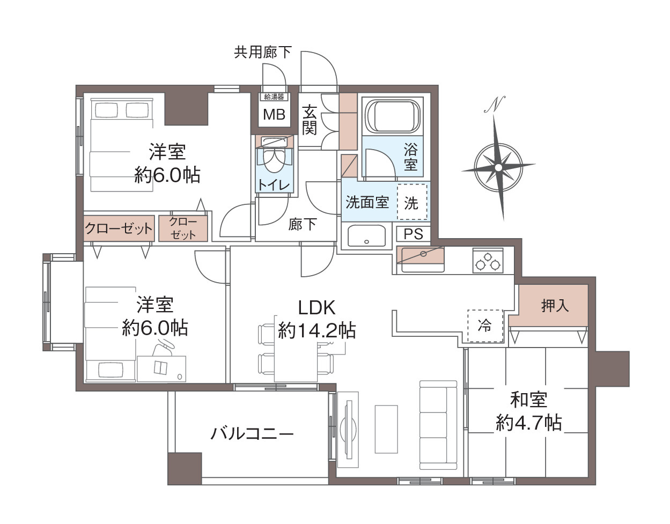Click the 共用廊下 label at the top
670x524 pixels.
pyautogui.click(x=263, y=52)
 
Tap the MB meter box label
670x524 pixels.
pyautogui.click(x=274, y=114)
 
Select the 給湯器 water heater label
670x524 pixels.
pyautogui.click(x=274, y=97)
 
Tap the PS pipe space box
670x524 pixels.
pyautogui.click(x=413, y=234)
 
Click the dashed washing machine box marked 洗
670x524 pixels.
pyautogui.click(x=411, y=202)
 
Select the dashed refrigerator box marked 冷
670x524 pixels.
pyautogui.click(x=485, y=325)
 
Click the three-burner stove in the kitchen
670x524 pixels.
pyautogui.click(x=487, y=260)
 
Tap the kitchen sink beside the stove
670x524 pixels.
pyautogui.click(x=422, y=259)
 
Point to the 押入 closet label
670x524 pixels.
pyautogui.click(x=555, y=306)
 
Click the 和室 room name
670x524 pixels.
pyautogui.click(x=528, y=400)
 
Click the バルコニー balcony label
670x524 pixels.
pyautogui.click(x=252, y=433)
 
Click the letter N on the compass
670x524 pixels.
pyautogui.click(x=496, y=104)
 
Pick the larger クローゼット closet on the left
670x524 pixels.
pyautogui.click(x=119, y=228)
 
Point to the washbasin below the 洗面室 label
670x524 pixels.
pyautogui.click(x=367, y=235)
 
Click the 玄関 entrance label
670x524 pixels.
pyautogui.click(x=310, y=120)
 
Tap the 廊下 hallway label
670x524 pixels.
pyautogui.click(x=302, y=224)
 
